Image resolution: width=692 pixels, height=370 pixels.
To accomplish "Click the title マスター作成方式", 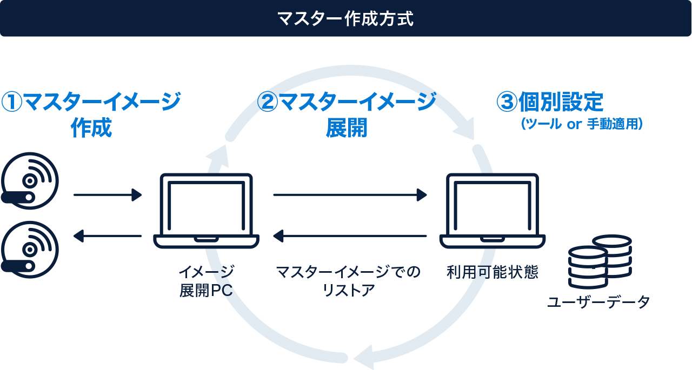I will pyautogui.click(x=345, y=19).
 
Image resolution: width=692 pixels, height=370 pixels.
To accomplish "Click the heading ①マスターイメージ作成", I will pyautogui.click(x=91, y=115).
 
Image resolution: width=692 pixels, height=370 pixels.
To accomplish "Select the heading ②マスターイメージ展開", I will pyautogui.click(x=347, y=115).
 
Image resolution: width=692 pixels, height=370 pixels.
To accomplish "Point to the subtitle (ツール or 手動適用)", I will pyautogui.click(x=581, y=124).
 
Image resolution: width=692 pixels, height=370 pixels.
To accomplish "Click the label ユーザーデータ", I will pyautogui.click(x=598, y=302).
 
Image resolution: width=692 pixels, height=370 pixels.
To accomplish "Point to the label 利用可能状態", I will pyautogui.click(x=493, y=272).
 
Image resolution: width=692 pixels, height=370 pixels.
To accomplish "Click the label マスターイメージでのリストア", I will pyautogui.click(x=348, y=280).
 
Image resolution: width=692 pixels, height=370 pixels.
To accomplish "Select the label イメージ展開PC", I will pyautogui.click(x=206, y=280).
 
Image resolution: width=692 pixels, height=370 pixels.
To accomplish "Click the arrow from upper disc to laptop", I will pyautogui.click(x=108, y=194).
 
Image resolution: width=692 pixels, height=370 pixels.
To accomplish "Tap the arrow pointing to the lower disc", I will pyautogui.click(x=108, y=236).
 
